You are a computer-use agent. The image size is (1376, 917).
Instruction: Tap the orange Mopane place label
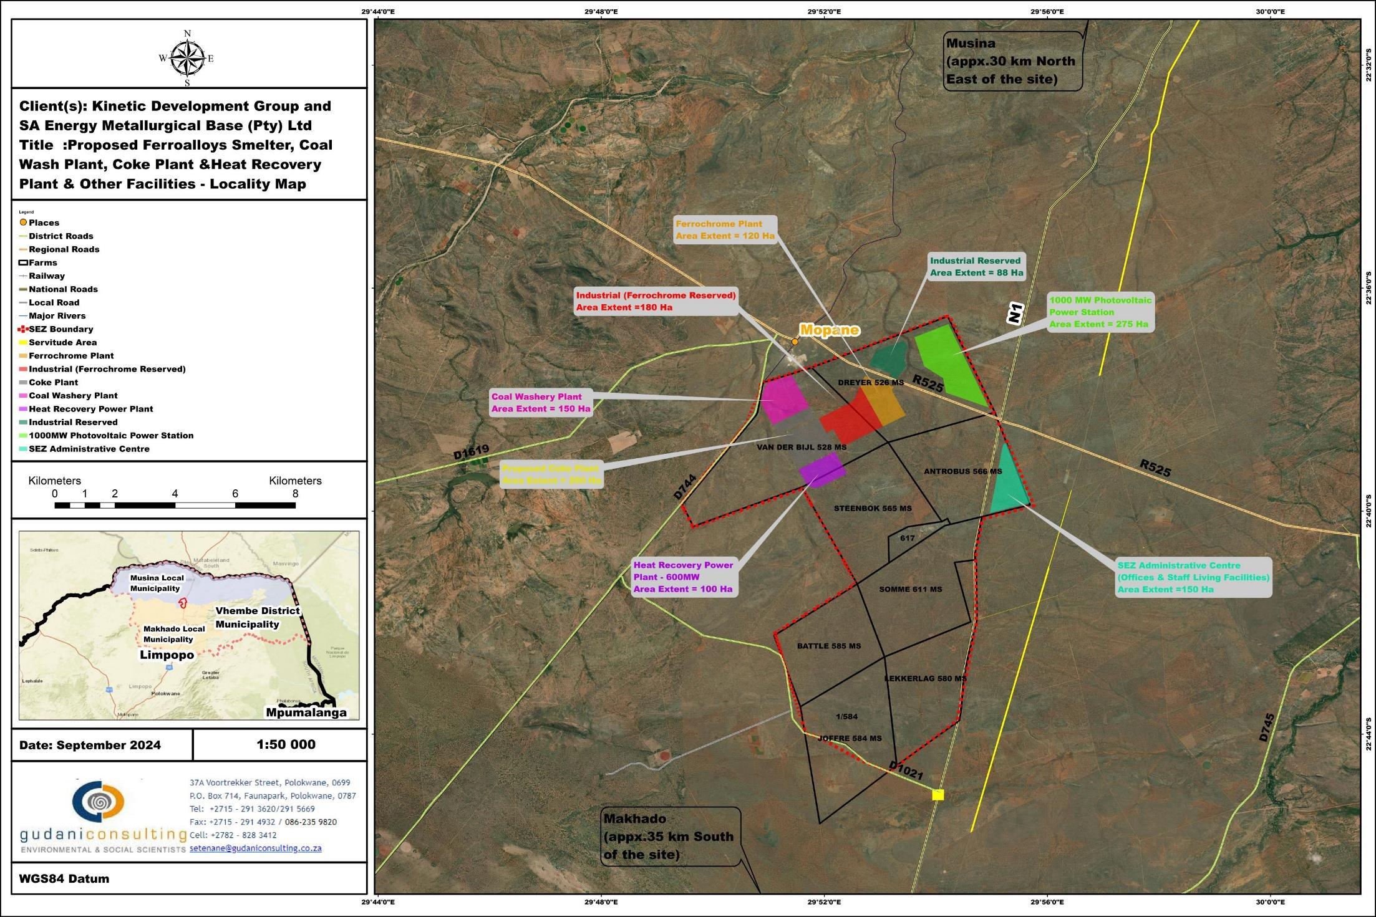click(829, 330)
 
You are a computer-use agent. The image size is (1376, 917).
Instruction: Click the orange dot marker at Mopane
click(795, 342)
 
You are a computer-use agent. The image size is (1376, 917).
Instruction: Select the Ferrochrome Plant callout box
click(725, 229)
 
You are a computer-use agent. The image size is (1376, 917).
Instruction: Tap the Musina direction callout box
click(1011, 61)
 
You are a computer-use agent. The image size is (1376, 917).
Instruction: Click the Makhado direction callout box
click(669, 836)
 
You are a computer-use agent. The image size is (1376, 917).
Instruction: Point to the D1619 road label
click(471, 452)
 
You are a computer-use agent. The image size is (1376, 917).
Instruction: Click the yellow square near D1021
click(938, 794)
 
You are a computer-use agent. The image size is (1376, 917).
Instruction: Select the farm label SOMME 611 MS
click(910, 589)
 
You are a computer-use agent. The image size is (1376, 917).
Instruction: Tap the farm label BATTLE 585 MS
click(828, 646)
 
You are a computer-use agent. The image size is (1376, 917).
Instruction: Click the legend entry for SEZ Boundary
click(61, 329)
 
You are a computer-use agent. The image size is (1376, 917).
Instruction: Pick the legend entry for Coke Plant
click(53, 382)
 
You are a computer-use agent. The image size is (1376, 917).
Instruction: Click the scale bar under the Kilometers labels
click(175, 505)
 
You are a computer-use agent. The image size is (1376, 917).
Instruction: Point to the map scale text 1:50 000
click(286, 744)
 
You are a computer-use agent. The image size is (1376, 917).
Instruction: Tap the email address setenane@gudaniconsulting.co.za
click(256, 848)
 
